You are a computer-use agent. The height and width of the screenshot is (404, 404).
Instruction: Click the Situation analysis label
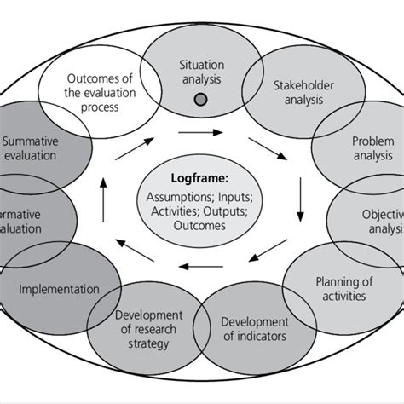point(200,72)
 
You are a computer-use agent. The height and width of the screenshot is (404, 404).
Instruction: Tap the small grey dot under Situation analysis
point(200,99)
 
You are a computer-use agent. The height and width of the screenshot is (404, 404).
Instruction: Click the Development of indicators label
point(255,329)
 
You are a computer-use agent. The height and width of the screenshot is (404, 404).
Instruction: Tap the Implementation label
point(59,289)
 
